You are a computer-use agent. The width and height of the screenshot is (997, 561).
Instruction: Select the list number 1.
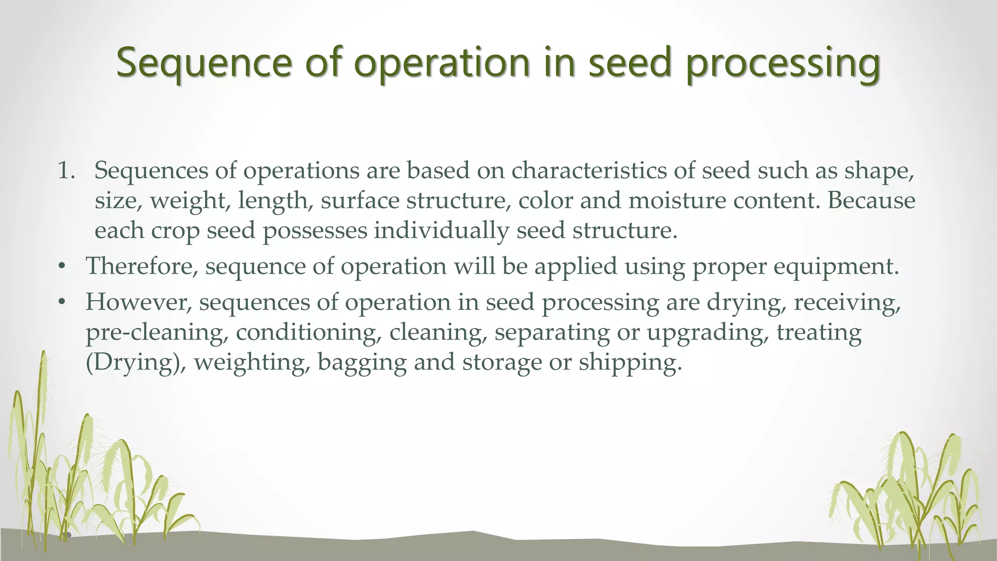[x=66, y=171]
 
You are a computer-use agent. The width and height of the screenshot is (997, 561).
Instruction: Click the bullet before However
[x=61, y=303]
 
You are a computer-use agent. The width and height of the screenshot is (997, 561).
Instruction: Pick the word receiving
[x=847, y=303]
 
